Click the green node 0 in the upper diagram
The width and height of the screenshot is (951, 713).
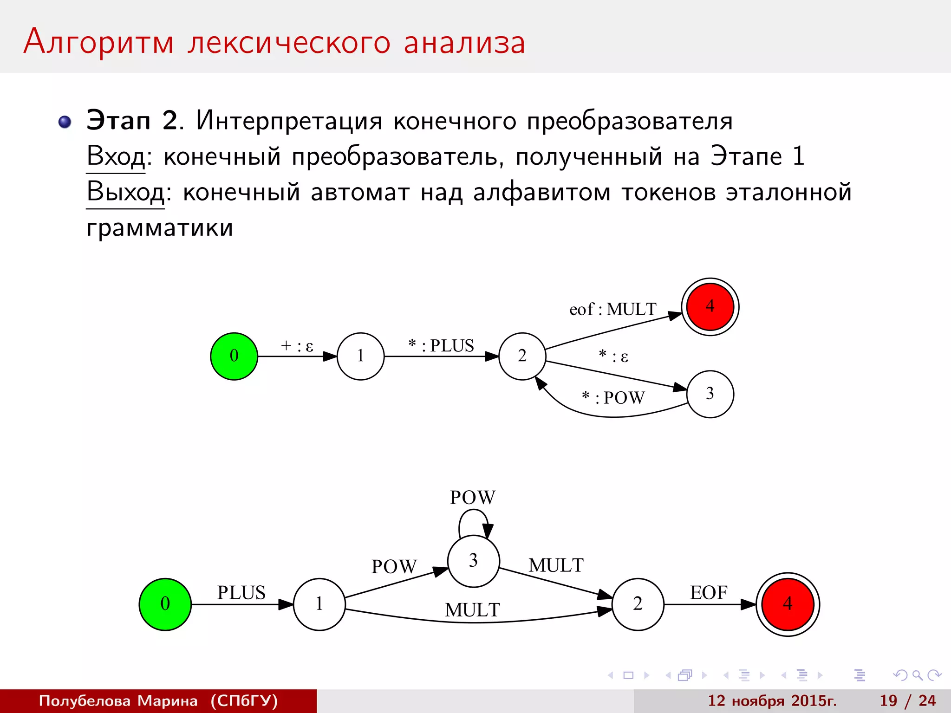click(234, 356)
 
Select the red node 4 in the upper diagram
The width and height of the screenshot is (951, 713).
click(710, 306)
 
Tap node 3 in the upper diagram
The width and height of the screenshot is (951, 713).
click(710, 394)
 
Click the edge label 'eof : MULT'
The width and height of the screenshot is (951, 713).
click(613, 309)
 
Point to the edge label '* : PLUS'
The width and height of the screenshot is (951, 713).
click(441, 346)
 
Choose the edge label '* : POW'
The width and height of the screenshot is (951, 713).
click(613, 398)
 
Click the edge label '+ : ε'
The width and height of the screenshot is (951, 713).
click(297, 346)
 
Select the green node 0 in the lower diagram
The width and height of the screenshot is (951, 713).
click(165, 604)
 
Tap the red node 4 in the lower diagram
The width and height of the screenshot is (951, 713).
click(788, 604)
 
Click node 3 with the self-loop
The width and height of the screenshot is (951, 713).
click(473, 561)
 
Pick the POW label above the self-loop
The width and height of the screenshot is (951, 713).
click(473, 498)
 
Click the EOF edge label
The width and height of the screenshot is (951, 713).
click(709, 593)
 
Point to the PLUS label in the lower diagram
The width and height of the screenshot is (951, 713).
click(241, 593)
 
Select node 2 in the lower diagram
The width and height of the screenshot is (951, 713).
click(638, 604)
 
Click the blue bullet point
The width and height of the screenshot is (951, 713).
click(65, 122)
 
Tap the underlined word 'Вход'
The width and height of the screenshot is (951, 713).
click(116, 156)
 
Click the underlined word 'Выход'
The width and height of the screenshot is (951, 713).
click(125, 192)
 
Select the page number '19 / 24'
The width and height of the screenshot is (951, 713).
click(908, 700)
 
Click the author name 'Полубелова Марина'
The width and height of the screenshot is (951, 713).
click(118, 700)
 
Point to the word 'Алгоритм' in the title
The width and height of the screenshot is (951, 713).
click(99, 42)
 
